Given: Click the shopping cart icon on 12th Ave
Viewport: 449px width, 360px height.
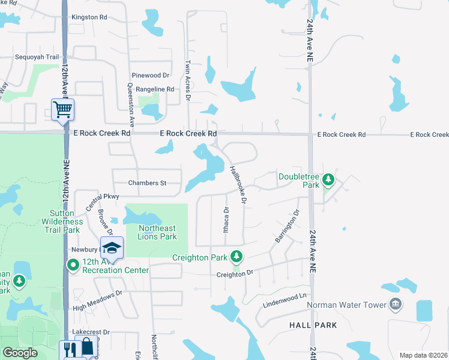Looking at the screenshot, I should [62, 110].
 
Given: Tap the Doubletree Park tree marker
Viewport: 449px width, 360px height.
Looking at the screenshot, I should [328, 179].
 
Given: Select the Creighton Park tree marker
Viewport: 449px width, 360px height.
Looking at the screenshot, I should [237, 257].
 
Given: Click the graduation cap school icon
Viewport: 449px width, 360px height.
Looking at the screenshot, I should [112, 247].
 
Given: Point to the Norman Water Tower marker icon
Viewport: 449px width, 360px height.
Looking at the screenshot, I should [395, 304].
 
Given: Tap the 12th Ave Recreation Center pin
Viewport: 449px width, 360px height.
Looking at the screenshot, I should [73, 265].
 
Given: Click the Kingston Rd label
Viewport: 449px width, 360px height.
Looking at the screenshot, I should [89, 17].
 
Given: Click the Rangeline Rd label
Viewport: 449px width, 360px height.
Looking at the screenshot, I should [155, 89].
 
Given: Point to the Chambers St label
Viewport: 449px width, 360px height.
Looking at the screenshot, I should [147, 183].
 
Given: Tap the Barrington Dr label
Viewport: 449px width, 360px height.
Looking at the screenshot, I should [286, 226].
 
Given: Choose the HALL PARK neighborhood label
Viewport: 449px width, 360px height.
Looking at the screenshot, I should [313, 325].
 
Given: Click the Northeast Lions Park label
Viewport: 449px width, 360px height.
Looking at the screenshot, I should [157, 232].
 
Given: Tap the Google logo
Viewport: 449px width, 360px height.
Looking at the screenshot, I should [20, 353].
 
